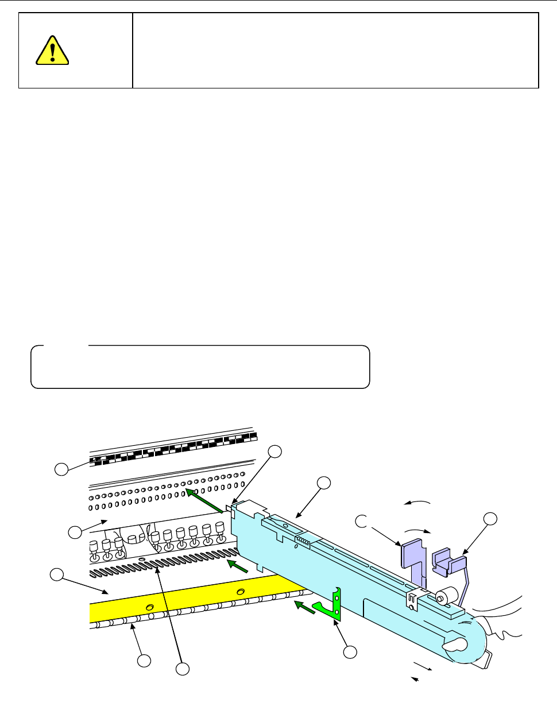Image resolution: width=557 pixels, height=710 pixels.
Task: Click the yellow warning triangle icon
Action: pyautogui.click(x=52, y=51)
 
